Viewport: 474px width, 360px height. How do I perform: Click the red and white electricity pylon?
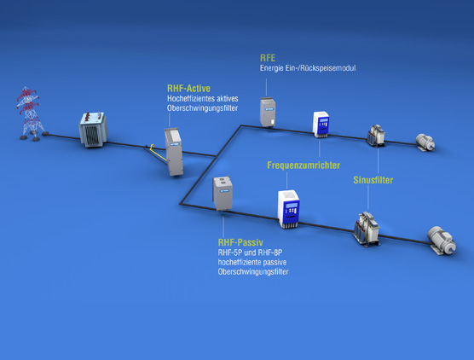(x=29, y=113)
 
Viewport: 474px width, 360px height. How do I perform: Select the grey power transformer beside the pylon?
(x=93, y=130)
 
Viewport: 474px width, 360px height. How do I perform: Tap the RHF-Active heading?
(x=188, y=89)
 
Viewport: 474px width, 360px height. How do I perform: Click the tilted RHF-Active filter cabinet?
(x=174, y=151)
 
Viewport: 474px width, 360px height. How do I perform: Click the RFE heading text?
(x=268, y=58)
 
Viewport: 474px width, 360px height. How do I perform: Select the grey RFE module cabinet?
(x=268, y=112)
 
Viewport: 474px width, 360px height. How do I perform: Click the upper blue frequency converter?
(x=321, y=125)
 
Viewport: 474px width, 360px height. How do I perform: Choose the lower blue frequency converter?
(x=289, y=209)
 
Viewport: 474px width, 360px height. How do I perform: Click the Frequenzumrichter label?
(x=303, y=165)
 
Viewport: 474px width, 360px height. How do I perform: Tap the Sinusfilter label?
(x=373, y=180)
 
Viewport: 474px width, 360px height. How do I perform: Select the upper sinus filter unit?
(x=376, y=136)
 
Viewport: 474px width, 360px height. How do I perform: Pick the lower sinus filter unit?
(x=367, y=229)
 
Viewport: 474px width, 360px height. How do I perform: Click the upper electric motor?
(x=425, y=142)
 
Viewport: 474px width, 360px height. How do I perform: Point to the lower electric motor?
(x=442, y=241)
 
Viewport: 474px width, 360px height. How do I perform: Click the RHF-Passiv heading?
(x=240, y=242)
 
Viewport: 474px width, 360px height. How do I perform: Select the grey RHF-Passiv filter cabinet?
(x=223, y=194)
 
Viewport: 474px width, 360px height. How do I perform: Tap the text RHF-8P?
(x=270, y=253)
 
